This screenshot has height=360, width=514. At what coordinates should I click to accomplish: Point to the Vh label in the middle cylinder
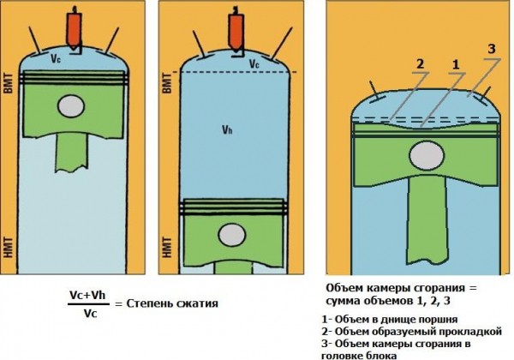[225, 130]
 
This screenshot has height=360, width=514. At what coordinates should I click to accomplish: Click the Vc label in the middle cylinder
[254, 63]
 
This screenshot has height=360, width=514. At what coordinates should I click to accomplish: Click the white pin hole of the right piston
[426, 156]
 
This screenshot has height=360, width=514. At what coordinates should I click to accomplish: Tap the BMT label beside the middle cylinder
[168, 83]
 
